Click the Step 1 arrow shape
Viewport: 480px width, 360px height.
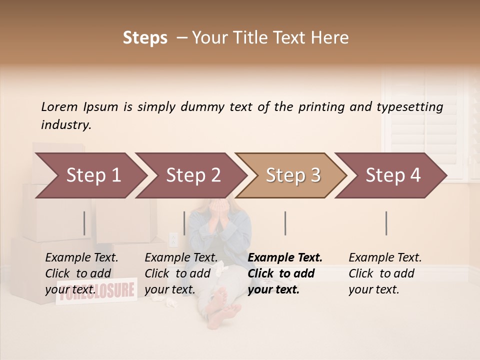click(90, 175)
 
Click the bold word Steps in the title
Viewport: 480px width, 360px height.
click(145, 38)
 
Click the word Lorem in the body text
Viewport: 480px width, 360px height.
click(59, 106)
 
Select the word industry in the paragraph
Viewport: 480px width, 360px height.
click(65, 124)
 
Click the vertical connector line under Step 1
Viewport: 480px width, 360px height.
click(84, 223)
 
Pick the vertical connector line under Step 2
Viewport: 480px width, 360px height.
click(184, 223)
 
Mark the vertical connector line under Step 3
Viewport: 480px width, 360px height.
click(285, 223)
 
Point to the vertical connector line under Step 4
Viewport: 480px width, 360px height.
click(386, 223)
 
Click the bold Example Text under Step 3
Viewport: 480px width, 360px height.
click(285, 257)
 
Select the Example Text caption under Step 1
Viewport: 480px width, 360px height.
click(81, 257)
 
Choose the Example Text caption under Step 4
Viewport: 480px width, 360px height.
click(385, 257)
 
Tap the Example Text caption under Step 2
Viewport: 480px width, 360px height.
click(181, 257)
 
